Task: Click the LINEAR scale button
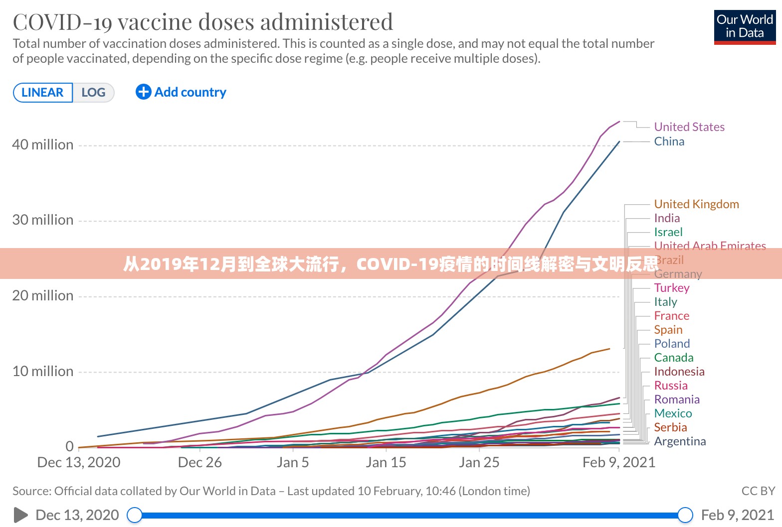42,93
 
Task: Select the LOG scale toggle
93,93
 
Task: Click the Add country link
181,92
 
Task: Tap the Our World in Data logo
745,27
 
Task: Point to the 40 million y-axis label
43,144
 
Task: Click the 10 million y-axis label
43,371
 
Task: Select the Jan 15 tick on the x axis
386,462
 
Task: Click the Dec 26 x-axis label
199,462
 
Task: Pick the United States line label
689,127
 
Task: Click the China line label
669,141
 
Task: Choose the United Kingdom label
696,204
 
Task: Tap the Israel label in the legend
668,232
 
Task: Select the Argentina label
680,441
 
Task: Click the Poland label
672,344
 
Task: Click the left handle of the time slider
135,515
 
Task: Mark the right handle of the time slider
685,515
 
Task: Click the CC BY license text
758,491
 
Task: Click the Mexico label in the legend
673,413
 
